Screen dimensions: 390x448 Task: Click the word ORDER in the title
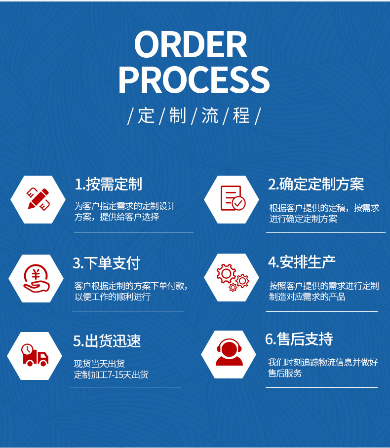click(x=191, y=45)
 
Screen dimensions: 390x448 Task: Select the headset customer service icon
click(x=229, y=353)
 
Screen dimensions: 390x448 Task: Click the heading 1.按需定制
click(x=108, y=184)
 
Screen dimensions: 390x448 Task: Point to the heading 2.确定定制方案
click(x=316, y=184)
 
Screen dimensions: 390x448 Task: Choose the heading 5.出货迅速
click(x=107, y=340)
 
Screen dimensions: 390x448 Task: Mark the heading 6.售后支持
click(x=299, y=339)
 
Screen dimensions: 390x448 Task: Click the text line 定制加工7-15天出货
click(x=111, y=374)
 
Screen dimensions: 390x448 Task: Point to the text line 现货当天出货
click(x=99, y=364)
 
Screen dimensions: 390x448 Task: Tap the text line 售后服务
click(x=285, y=373)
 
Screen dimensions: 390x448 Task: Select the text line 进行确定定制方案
click(x=303, y=219)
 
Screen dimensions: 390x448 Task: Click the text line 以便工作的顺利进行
click(x=113, y=297)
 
